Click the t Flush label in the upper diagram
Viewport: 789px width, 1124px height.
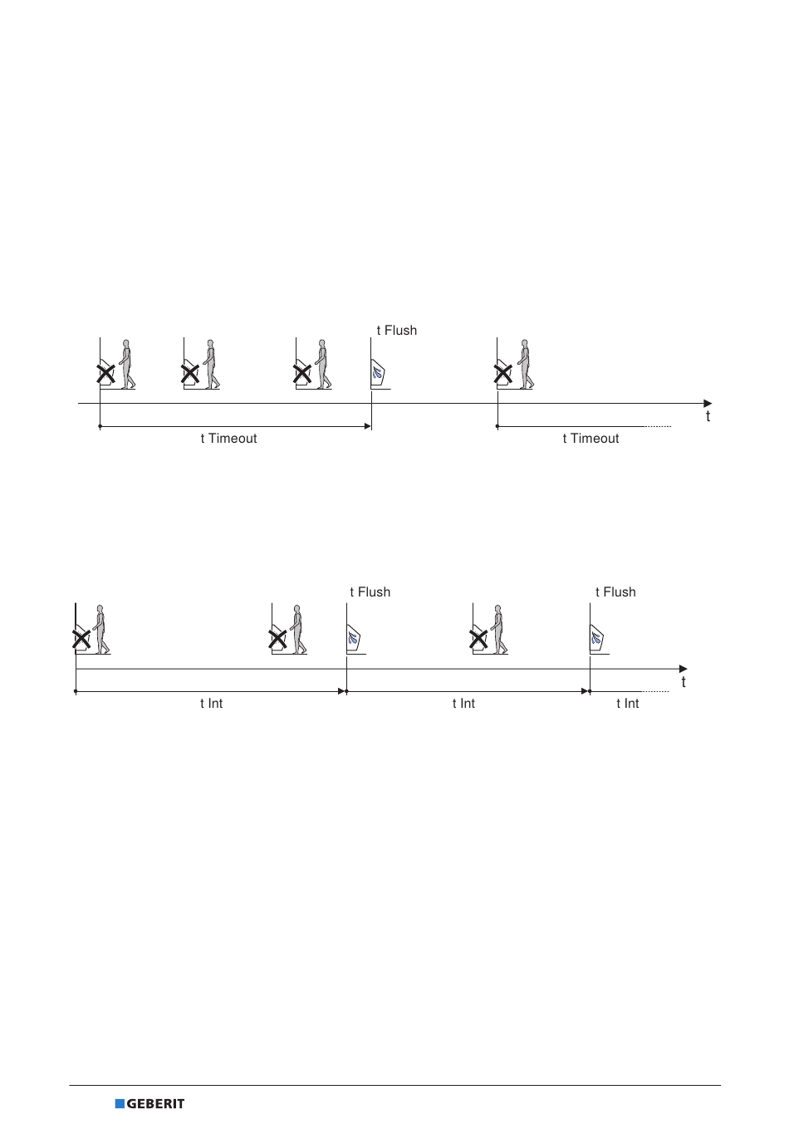tap(397, 331)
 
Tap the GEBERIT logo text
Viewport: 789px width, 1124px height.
tap(155, 1103)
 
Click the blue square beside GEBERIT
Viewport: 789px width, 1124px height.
tap(120, 1103)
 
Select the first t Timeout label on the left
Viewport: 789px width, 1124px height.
tap(228, 439)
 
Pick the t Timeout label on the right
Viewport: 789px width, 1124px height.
tap(591, 439)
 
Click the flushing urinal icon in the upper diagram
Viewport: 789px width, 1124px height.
tap(378, 373)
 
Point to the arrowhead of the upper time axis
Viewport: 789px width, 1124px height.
tap(708, 404)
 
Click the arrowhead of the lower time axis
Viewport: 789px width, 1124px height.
tap(684, 669)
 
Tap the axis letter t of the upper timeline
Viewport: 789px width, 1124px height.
tap(708, 416)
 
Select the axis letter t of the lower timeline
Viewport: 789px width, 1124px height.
tap(684, 682)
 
